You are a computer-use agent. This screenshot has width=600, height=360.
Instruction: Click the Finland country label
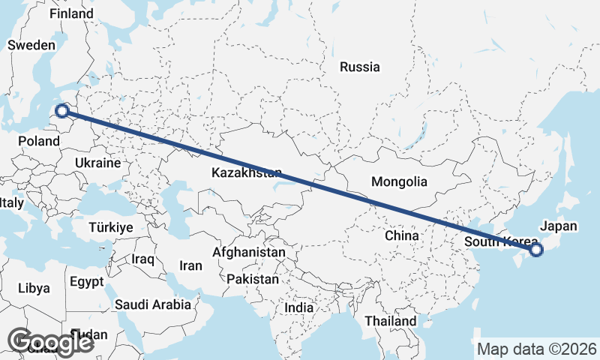point(72,14)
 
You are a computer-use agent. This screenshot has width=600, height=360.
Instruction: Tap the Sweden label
point(31,45)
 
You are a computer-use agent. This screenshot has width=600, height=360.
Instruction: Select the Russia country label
point(360,67)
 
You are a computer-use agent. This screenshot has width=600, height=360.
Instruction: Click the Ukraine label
point(97,163)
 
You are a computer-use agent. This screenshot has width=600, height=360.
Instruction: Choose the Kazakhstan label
point(247,173)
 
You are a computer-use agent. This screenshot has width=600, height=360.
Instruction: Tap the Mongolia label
point(399,181)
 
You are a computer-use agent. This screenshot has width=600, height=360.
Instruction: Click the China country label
point(401,235)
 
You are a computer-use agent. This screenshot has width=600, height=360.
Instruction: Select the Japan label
point(559,226)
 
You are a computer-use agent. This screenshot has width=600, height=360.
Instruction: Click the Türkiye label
point(110,226)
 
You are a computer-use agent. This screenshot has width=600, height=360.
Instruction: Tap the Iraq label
point(142,259)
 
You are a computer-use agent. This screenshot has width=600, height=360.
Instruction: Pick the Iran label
point(190,265)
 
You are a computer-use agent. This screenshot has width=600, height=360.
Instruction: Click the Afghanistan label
point(248,253)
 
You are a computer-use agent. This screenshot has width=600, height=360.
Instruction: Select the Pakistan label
point(252,279)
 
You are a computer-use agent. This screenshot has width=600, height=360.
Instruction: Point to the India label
point(299,307)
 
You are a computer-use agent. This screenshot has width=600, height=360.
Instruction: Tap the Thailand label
point(390,321)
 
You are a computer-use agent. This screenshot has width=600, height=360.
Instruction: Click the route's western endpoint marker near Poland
point(62,112)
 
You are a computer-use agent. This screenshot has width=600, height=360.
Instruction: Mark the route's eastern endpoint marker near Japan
point(535,250)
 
